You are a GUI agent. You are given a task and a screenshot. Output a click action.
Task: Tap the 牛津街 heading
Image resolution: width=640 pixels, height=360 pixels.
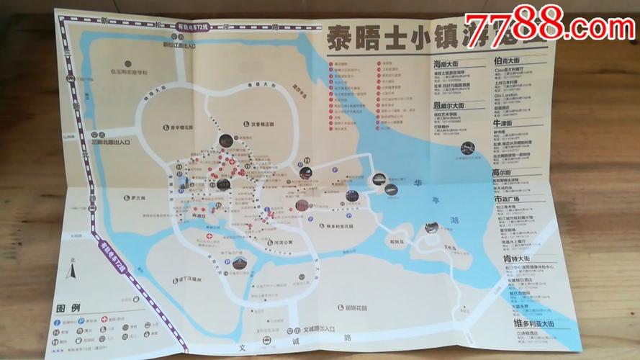(x=502, y=123)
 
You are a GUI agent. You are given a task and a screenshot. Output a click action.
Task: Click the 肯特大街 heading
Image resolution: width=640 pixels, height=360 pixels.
(x=516, y=258)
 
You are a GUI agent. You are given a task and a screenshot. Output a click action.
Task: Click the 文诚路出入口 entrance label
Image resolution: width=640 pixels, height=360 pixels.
(x=318, y=328)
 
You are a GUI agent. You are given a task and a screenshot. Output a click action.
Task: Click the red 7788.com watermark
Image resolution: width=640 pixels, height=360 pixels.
(x=549, y=27)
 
